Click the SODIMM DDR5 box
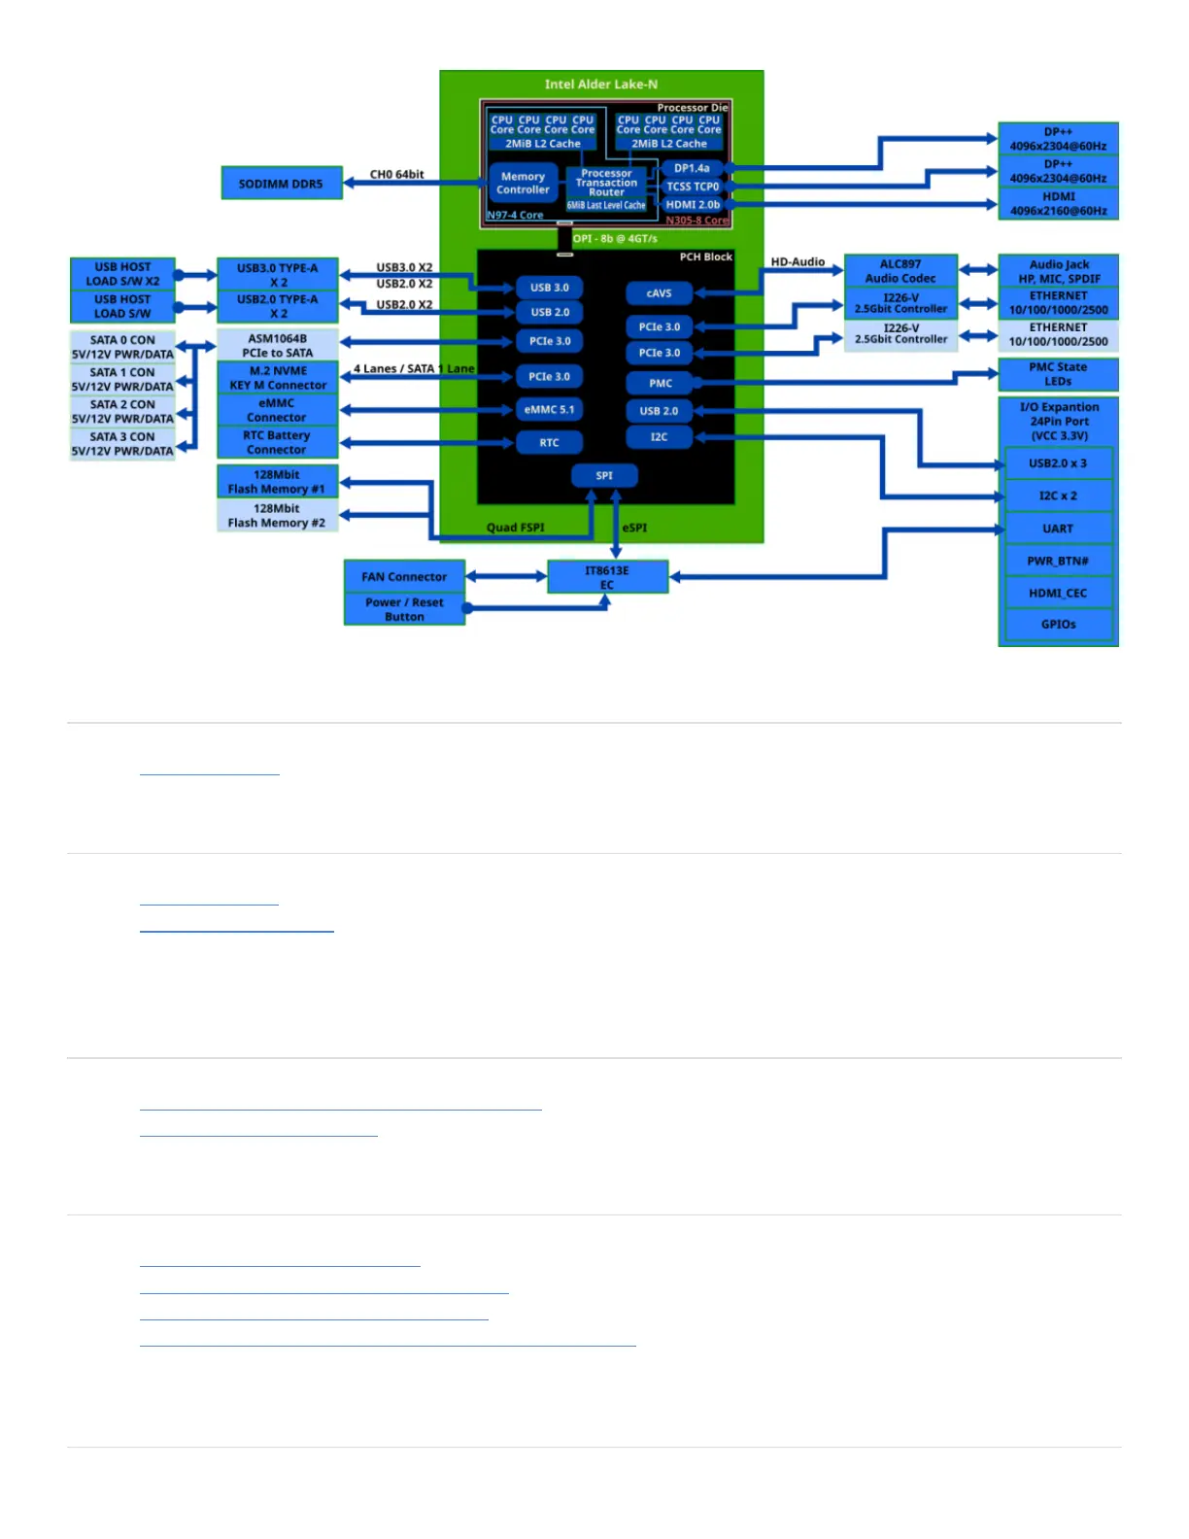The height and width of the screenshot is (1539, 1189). [282, 184]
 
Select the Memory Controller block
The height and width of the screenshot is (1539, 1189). [523, 183]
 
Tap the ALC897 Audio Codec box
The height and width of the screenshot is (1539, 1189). [900, 271]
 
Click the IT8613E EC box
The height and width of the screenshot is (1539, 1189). [607, 577]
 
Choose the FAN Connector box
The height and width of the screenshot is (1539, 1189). [404, 576]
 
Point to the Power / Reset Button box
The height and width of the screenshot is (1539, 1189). [404, 609]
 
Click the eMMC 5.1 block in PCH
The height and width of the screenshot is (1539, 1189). [549, 410]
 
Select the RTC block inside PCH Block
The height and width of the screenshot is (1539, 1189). [549, 443]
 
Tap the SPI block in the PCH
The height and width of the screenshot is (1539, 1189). [604, 476]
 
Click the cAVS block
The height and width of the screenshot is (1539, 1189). [659, 293]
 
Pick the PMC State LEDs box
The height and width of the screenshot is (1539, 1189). [1058, 374]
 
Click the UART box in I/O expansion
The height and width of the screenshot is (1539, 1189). [1058, 529]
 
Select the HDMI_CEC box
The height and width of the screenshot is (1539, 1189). [1058, 593]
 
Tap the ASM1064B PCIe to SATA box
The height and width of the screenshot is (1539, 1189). [278, 346]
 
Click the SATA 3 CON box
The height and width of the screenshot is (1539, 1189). [122, 444]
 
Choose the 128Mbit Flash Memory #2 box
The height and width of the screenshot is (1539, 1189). [277, 516]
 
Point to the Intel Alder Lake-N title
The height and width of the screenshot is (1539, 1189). [601, 85]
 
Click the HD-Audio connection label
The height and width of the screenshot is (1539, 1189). [798, 262]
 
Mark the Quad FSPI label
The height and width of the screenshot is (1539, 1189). [515, 528]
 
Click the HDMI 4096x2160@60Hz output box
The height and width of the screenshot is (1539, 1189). [1058, 203]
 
